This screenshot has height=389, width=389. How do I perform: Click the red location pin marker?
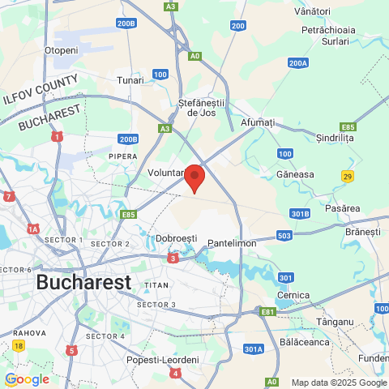pyautogui.click(x=194, y=177)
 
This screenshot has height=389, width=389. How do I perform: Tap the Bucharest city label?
pyautogui.click(x=83, y=283)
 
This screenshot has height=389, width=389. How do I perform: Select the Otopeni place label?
pyautogui.click(x=61, y=50)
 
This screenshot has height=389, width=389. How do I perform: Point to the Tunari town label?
pyautogui.click(x=130, y=80)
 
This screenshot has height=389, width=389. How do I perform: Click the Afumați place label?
pyautogui.click(x=259, y=122)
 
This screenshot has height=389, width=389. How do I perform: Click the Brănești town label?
pyautogui.click(x=362, y=232)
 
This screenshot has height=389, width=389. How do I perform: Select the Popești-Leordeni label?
pyautogui.click(x=163, y=360)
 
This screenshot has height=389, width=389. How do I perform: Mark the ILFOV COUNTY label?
pyautogui.click(x=40, y=88)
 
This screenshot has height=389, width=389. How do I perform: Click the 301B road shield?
pyautogui.click(x=300, y=213)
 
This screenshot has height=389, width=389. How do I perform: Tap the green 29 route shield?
pyautogui.click(x=347, y=176)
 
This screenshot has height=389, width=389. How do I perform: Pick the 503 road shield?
pyautogui.click(x=284, y=236)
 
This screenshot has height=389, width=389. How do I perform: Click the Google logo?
pyautogui.click(x=27, y=379)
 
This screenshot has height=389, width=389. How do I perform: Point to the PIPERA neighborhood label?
pyautogui.click(x=123, y=156)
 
